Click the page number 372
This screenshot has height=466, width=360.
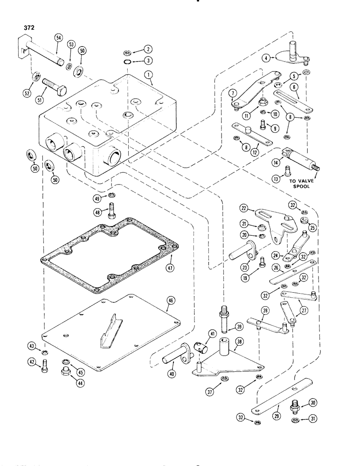click(x=27, y=27)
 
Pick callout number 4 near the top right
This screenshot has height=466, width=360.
click(x=278, y=58)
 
